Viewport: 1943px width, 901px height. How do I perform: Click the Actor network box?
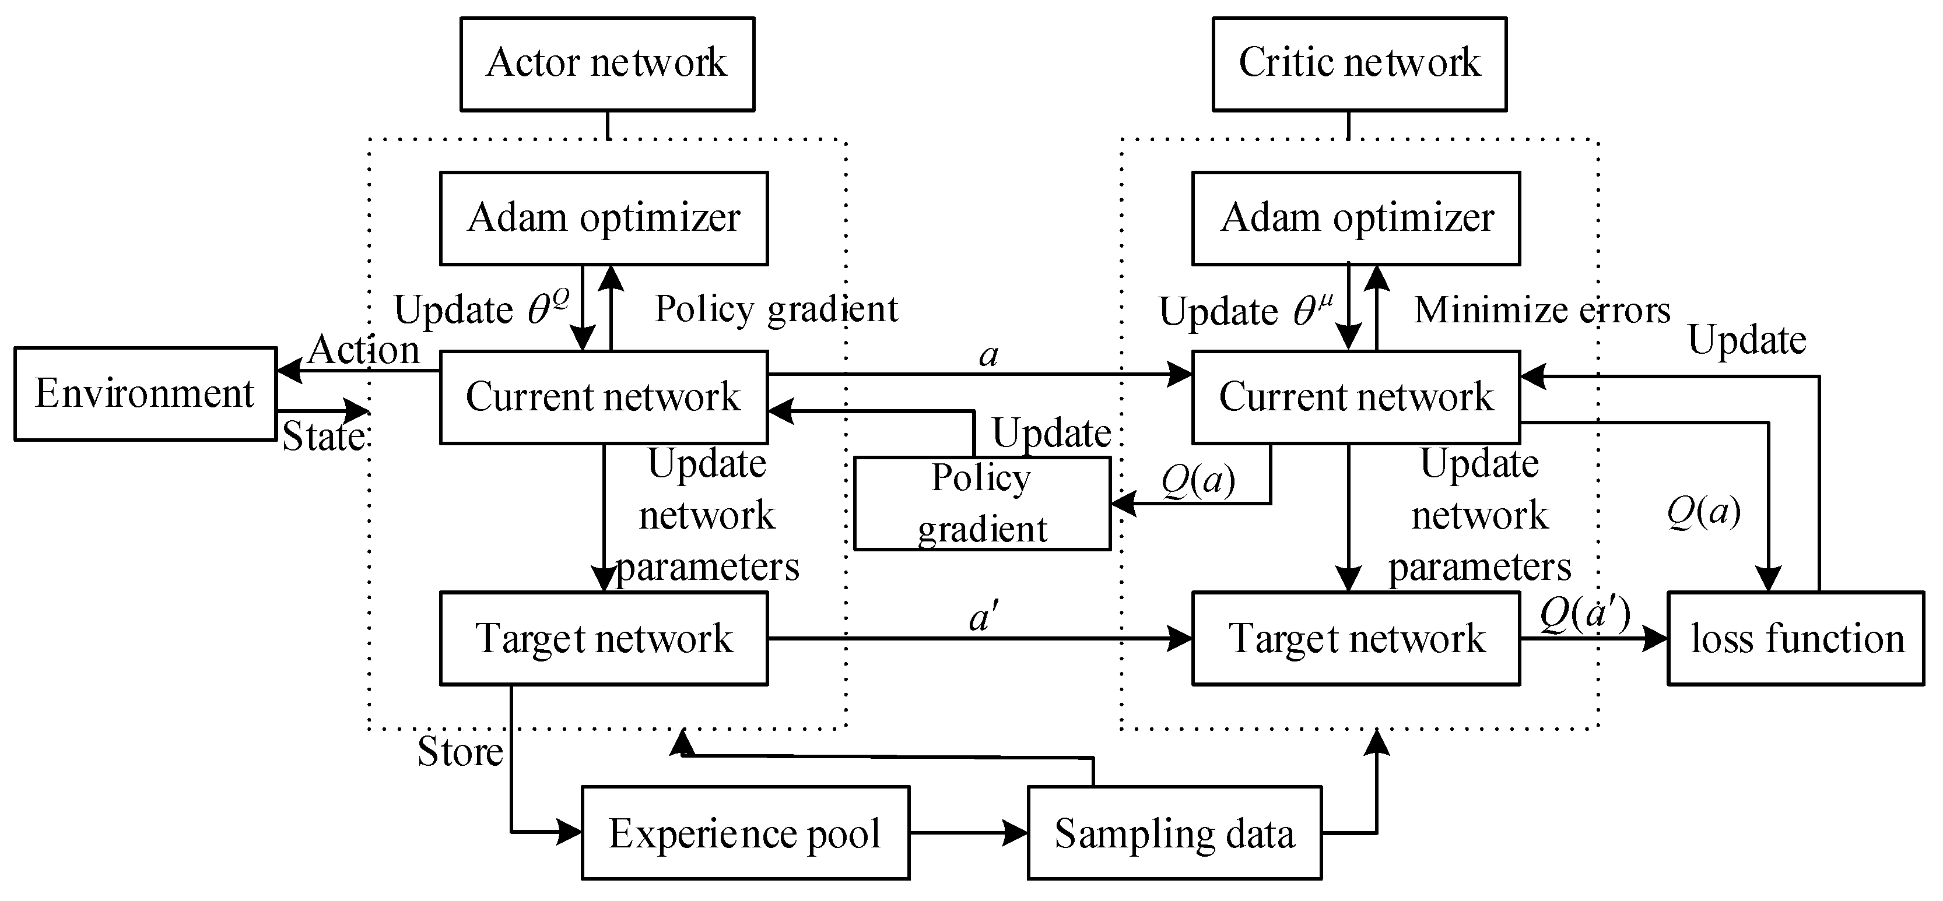tap(607, 64)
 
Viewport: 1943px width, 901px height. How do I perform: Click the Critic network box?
tap(1359, 64)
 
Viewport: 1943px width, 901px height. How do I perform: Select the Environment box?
tap(145, 393)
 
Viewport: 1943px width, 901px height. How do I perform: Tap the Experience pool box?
tap(745, 832)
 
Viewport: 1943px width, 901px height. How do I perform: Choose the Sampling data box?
tap(1174, 832)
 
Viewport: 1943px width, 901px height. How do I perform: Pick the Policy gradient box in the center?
tap(982, 503)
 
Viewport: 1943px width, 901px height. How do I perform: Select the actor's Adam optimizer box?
tap(604, 218)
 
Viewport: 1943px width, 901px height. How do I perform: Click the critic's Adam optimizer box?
tap(1355, 218)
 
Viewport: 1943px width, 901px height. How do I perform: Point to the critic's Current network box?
tap(1355, 396)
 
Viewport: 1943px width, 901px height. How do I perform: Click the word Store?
tap(460, 752)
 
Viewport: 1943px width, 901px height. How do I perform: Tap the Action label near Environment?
tap(364, 350)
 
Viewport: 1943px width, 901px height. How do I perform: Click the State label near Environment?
tap(323, 437)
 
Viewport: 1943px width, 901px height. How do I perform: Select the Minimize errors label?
tap(1542, 310)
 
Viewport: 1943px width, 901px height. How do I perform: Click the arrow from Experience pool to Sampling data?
tap(969, 832)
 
